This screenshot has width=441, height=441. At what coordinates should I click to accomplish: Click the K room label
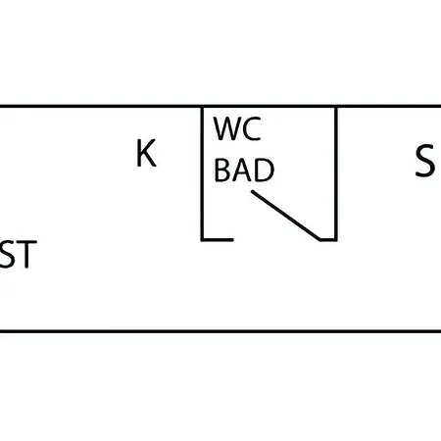coord(146,153)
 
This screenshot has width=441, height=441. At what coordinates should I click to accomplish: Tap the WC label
coord(237,128)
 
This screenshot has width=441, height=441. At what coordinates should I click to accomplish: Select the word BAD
coord(244,170)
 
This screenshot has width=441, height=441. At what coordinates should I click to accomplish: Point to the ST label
coord(19,254)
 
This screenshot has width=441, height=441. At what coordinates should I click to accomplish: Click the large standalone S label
coord(424,161)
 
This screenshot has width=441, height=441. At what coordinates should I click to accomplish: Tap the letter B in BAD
coord(222,170)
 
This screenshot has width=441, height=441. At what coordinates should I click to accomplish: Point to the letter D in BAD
coord(265,170)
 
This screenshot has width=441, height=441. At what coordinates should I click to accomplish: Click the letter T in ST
coord(26,254)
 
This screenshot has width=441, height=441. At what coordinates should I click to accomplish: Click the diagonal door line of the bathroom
coord(286,216)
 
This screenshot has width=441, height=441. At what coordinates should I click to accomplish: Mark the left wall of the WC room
coord(203,173)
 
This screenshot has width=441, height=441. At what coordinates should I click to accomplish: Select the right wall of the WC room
coord(335,173)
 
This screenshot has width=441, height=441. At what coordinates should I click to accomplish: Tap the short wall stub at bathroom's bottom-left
coord(218,239)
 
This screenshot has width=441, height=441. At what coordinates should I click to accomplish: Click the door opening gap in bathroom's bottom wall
coord(277,239)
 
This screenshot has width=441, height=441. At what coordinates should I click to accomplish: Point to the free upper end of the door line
coord(252,192)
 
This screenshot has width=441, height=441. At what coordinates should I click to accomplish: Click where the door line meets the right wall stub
coord(320,239)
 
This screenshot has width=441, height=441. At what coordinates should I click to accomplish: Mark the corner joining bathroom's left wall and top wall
coord(203,107)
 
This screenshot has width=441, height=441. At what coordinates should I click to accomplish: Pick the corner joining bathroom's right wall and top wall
coord(335,107)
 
